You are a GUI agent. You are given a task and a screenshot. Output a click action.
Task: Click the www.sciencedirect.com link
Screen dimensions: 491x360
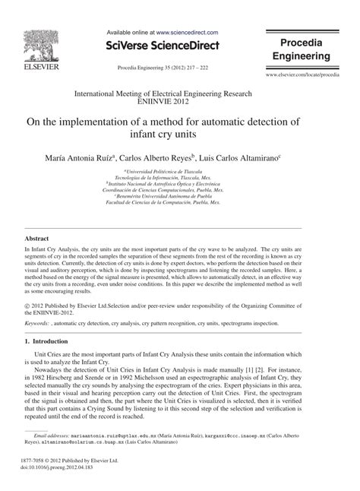click(x=188, y=33)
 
